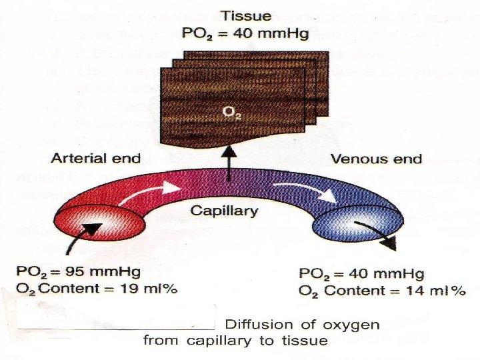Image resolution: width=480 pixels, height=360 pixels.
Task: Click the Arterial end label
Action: point(95,158)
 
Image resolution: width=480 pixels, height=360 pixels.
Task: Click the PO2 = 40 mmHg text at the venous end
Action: point(361,274)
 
